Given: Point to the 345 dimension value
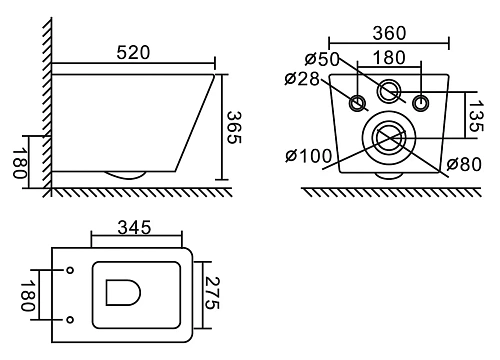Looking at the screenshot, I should point(134,228).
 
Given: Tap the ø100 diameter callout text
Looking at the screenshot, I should point(304,154).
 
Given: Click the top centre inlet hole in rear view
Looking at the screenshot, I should point(389,93).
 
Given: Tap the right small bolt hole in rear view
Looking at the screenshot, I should point(420,102).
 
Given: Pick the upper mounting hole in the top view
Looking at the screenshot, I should point(68,270).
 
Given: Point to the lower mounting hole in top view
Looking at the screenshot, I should point(68,320).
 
